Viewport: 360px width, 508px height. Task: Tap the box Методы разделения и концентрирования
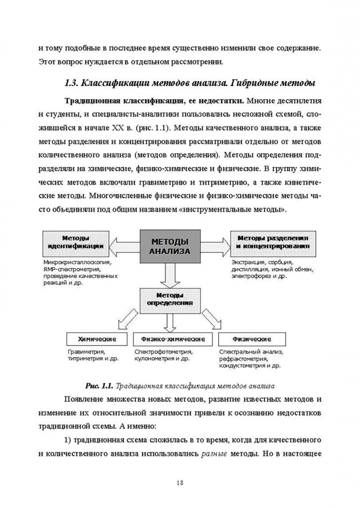(272, 242)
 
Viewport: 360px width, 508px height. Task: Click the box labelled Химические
(97, 339)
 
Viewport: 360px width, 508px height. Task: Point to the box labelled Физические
(251, 339)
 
